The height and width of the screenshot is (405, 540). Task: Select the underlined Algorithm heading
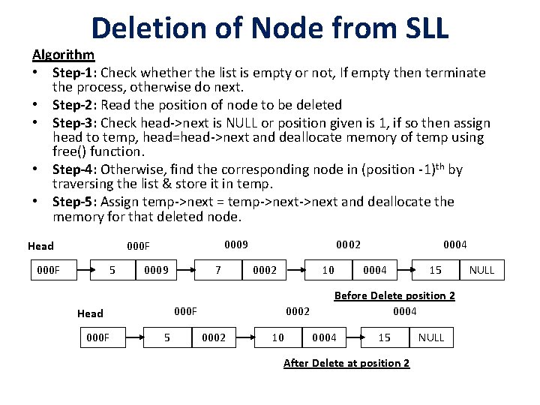point(63,55)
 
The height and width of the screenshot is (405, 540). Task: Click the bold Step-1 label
point(74,73)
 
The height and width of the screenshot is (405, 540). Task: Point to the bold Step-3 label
point(74,123)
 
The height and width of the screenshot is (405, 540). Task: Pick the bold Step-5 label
point(74,202)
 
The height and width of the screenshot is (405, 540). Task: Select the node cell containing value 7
point(218,270)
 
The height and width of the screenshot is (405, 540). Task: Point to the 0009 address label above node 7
point(236,244)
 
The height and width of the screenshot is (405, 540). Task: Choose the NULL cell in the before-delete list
point(481,270)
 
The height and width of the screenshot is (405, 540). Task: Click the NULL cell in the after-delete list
point(431,337)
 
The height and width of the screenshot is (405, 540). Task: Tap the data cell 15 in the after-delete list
point(384,337)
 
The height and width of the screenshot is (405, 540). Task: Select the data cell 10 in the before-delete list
point(328,270)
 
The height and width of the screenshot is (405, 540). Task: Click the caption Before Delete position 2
point(394,295)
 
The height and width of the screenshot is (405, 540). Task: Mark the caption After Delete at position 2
point(346,364)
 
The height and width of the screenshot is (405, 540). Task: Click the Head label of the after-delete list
point(90,313)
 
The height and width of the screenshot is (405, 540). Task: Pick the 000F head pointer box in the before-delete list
point(49,270)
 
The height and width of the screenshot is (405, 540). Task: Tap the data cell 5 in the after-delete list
point(167,337)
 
